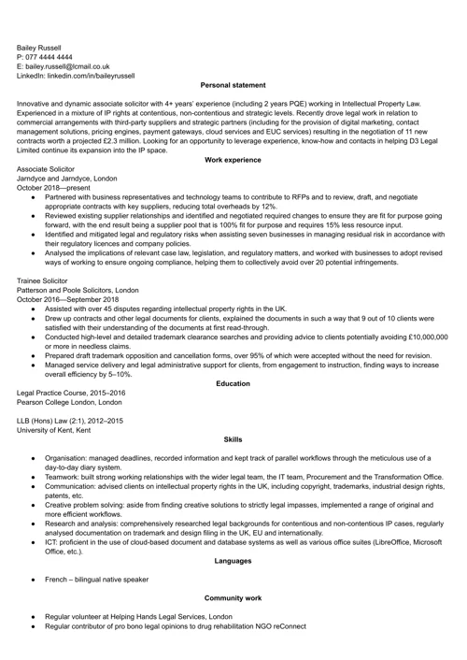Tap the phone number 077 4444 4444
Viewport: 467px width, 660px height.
pyautogui.click(x=57, y=56)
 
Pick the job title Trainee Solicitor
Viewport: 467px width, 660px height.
pyautogui.click(x=48, y=280)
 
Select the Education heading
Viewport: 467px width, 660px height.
pyautogui.click(x=233, y=383)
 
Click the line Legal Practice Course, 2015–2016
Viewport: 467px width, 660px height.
pyautogui.click(x=71, y=393)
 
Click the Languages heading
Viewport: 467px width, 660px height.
pyautogui.click(x=233, y=560)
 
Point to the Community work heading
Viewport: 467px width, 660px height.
pyautogui.click(x=233, y=597)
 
